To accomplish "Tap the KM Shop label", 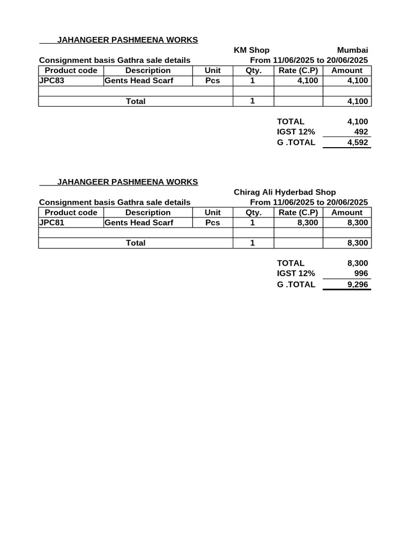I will (251, 50).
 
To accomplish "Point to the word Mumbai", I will (352, 50).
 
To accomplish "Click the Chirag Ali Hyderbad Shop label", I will (285, 192).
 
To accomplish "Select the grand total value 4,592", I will (357, 142).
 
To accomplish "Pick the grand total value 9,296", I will (357, 284).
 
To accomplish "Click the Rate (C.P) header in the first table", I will (298, 70).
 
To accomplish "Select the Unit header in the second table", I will (212, 212).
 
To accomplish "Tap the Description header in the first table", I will (148, 70).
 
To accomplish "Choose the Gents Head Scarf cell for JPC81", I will (139, 223).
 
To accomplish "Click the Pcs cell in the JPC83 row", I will (212, 81).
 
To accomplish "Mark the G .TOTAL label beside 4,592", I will (296, 142).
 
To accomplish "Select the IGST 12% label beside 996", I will (296, 274).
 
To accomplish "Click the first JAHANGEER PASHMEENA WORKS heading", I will (127, 40).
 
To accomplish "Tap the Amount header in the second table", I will (347, 212).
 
